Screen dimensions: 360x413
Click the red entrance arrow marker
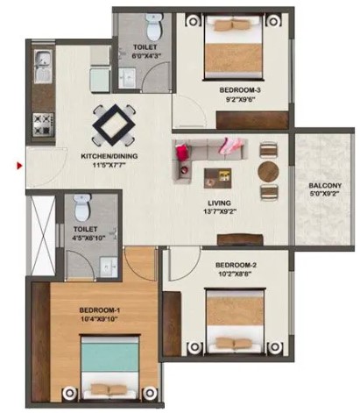pos(19,166)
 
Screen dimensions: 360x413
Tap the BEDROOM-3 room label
pos(240,90)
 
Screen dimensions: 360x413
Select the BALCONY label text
pos(325,185)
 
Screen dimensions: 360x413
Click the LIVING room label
pos(219,203)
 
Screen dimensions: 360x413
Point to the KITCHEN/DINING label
pos(109,156)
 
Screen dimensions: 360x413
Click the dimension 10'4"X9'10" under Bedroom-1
pos(100,319)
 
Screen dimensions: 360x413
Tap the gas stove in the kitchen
pos(44,125)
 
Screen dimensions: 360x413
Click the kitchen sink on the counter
pos(43,66)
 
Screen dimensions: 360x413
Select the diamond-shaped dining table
pos(114,125)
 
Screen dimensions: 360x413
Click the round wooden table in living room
pos(268,172)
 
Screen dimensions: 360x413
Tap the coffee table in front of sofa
pos(217,178)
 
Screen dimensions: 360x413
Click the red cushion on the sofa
pos(181,152)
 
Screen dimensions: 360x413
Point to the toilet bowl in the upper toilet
pos(153,28)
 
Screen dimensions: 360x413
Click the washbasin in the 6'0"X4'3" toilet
pos(127,77)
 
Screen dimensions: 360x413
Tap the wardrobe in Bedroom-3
pos(252,120)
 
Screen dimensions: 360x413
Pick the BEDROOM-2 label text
pos(236,265)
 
